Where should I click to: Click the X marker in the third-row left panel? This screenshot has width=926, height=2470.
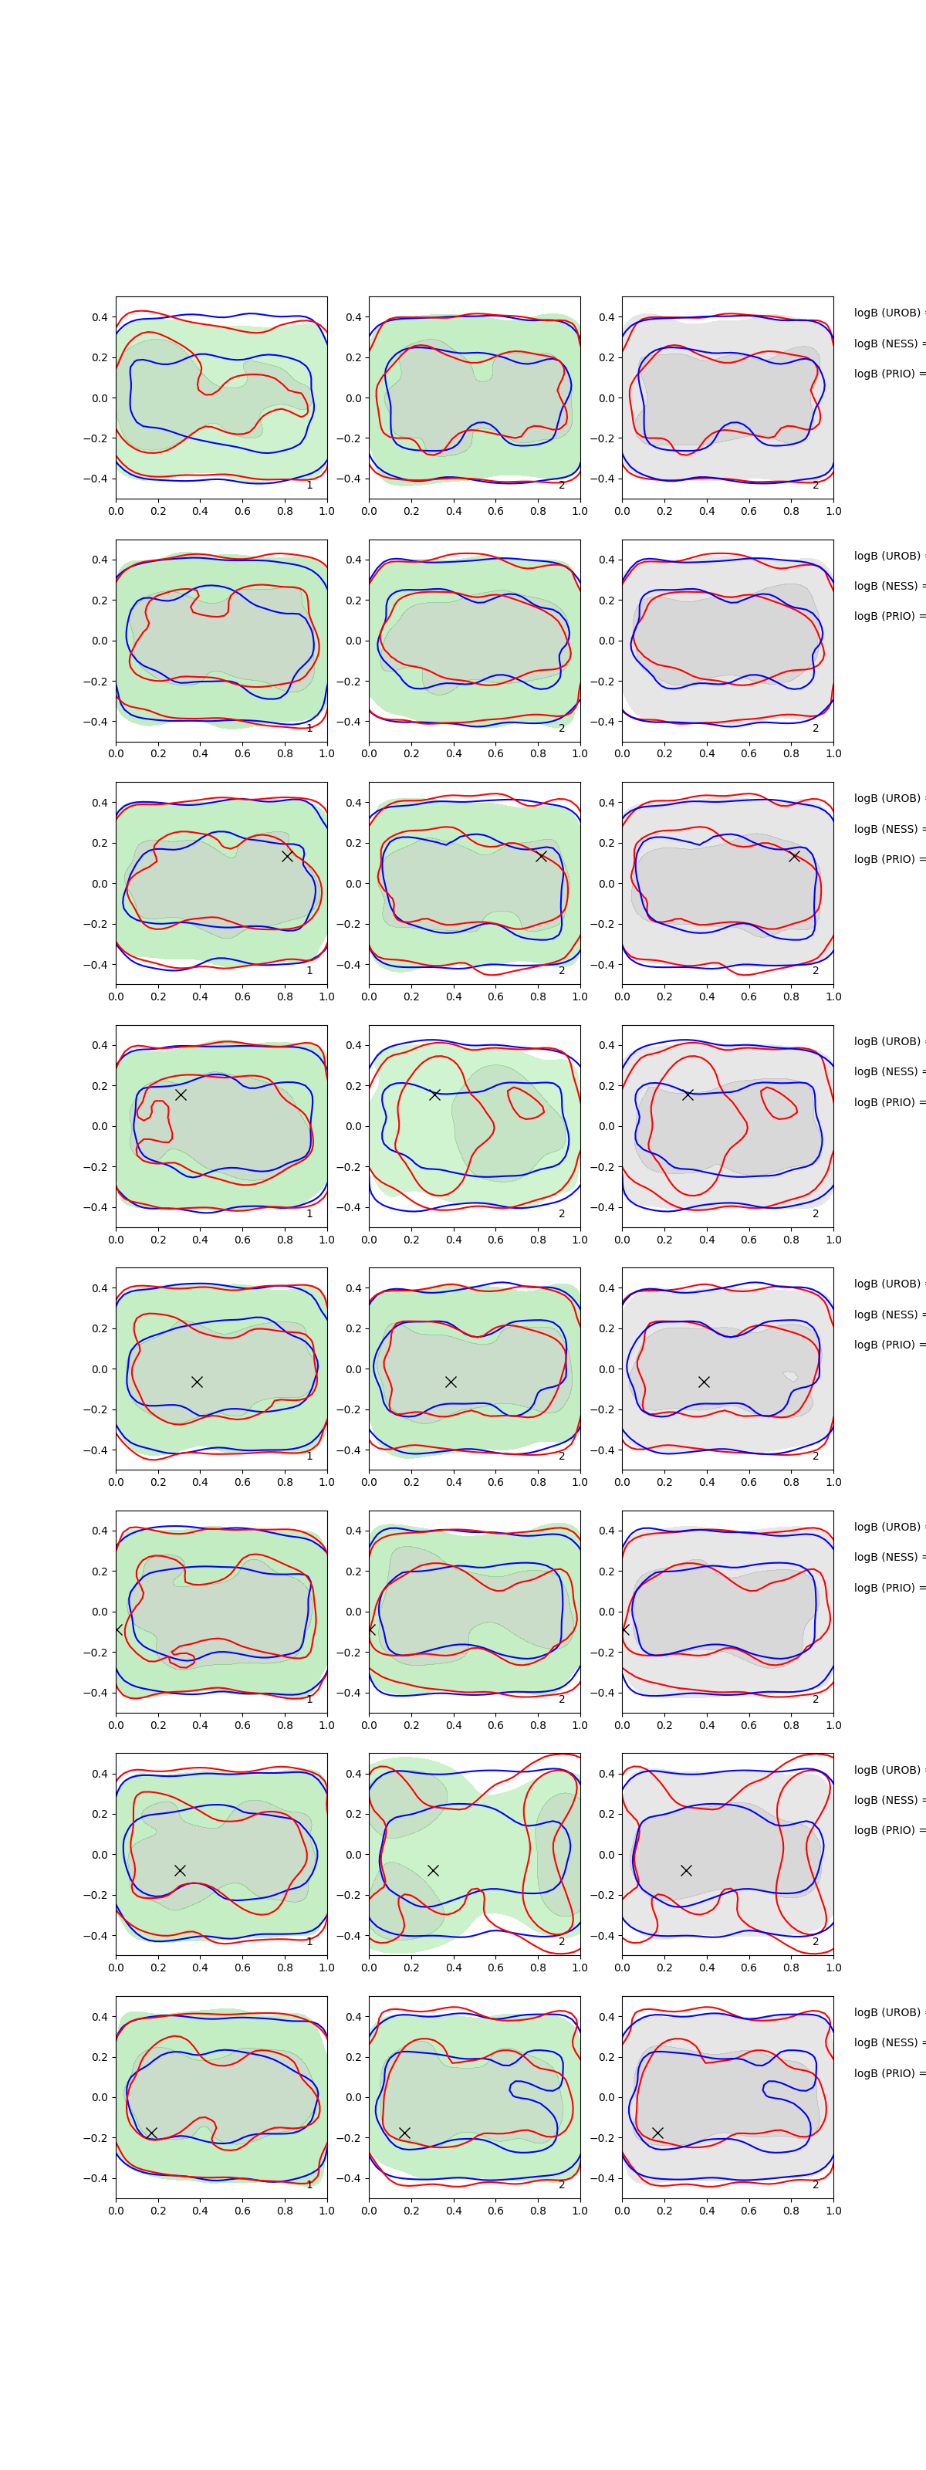(286, 856)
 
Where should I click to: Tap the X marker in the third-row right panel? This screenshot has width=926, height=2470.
(794, 855)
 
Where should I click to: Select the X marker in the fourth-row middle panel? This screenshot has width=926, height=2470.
(434, 1094)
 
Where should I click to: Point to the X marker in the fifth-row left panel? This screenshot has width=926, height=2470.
(197, 1382)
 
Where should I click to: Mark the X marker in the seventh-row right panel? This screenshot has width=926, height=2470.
(685, 1869)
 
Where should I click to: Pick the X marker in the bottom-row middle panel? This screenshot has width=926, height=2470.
(404, 2133)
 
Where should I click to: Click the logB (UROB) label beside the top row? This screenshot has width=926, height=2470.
(887, 313)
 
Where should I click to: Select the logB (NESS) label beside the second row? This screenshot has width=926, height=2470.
(887, 586)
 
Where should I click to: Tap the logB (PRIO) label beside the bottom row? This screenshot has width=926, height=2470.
(887, 2073)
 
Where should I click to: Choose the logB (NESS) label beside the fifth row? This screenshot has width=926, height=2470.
(887, 1315)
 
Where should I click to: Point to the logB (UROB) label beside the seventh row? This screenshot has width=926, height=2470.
(887, 1770)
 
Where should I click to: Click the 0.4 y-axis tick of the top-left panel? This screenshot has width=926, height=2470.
(100, 317)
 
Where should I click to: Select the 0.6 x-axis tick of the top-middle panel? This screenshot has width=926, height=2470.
(495, 511)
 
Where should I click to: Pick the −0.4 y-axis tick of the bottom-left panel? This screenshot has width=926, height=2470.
(96, 2178)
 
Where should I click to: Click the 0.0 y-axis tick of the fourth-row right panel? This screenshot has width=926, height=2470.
(607, 1127)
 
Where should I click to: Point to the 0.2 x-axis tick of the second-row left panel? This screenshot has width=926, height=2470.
(158, 753)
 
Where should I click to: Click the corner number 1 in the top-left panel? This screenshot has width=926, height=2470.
(309, 486)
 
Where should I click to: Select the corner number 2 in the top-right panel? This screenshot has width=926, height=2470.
(816, 486)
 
